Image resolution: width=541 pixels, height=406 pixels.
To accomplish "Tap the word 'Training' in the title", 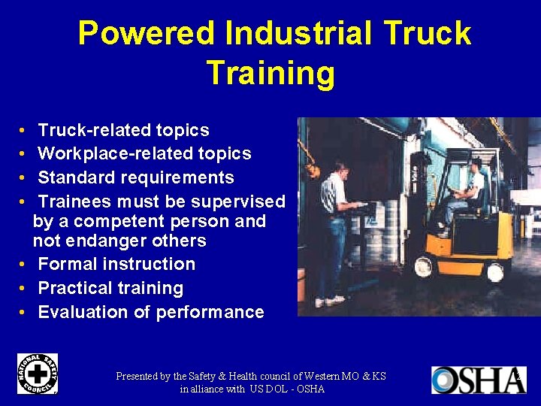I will tap(270, 73).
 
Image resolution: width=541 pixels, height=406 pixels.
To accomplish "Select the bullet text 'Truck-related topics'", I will tap(123, 130).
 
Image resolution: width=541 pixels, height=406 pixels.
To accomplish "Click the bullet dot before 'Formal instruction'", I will tap(25, 265).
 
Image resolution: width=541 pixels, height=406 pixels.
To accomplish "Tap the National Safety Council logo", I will tap(37, 373).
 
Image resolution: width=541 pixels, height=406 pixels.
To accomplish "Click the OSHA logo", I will tap(478, 380).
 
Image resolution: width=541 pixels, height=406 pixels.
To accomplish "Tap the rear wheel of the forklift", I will tap(494, 273).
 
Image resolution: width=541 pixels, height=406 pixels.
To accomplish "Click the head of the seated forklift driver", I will tap(473, 165).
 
